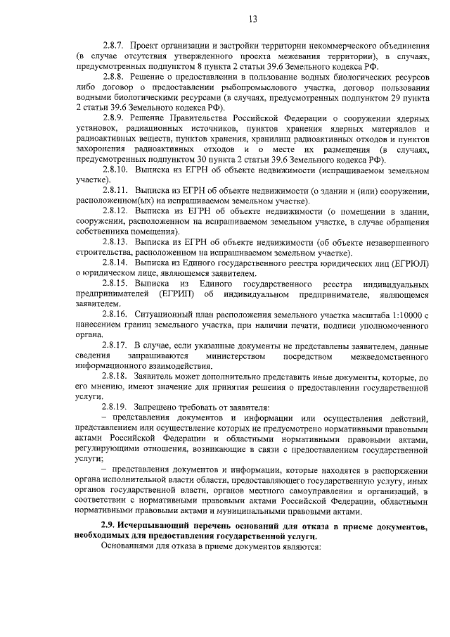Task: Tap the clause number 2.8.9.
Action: point(113,118)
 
